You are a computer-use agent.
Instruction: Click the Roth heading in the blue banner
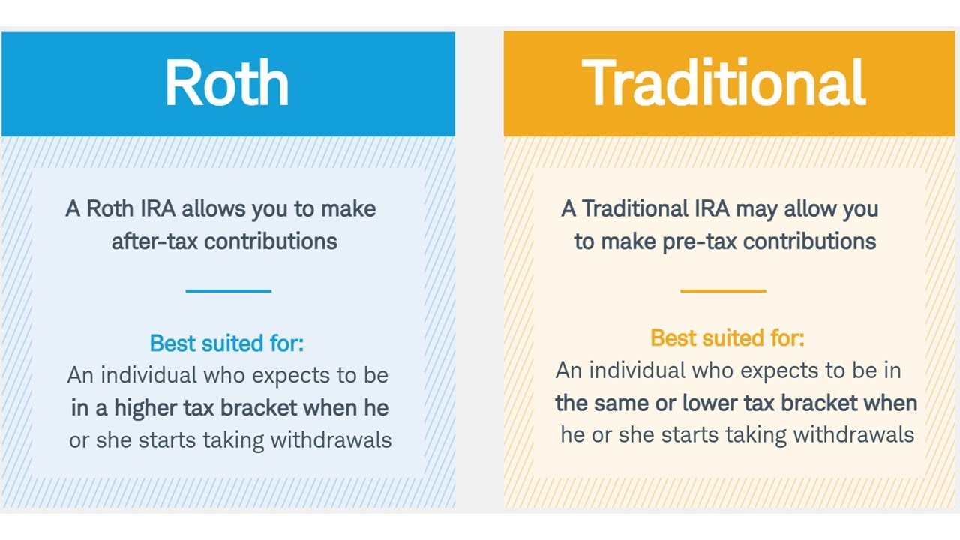click(227, 83)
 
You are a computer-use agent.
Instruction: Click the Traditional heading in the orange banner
click(724, 83)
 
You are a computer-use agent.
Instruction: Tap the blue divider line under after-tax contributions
click(228, 290)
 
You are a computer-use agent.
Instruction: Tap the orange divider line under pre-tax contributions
click(723, 290)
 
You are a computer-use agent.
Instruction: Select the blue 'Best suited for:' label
click(226, 343)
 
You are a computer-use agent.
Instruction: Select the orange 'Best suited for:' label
click(727, 338)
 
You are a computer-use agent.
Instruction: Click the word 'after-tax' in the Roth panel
click(155, 241)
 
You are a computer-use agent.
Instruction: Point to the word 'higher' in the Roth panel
click(145, 408)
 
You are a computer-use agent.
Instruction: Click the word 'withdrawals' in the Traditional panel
click(853, 434)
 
